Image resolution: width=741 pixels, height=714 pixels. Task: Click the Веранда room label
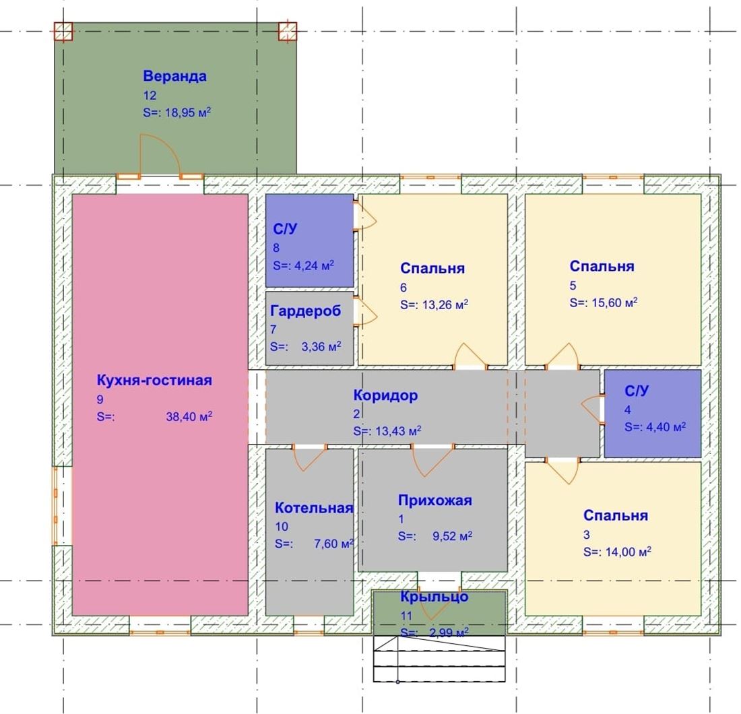[174, 76]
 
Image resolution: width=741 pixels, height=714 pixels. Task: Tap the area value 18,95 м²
[188, 112]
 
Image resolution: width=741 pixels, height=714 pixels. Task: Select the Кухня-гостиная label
[154, 380]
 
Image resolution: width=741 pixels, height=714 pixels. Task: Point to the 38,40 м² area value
[189, 416]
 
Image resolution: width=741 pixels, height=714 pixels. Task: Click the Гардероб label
[305, 311]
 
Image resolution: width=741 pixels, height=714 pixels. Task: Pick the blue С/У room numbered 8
[309, 240]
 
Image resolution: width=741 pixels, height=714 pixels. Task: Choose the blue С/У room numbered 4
[653, 414]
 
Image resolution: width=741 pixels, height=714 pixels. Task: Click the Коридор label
[385, 395]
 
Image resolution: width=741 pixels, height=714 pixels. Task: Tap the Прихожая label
[434, 500]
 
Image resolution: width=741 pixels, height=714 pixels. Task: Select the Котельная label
[314, 507]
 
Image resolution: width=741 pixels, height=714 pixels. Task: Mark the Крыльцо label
[434, 596]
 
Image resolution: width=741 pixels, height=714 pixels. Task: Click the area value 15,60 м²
[614, 302]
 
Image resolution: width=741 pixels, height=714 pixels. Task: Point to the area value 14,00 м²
[628, 552]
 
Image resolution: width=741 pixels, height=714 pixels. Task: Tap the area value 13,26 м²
[445, 304]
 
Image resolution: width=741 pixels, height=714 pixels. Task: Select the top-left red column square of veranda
[63, 32]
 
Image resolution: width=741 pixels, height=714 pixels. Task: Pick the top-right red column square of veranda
[288, 32]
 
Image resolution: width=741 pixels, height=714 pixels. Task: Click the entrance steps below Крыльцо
[439, 659]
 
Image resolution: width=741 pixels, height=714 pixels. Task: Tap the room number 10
[282, 526]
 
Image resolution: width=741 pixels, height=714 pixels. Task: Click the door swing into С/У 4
[591, 408]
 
